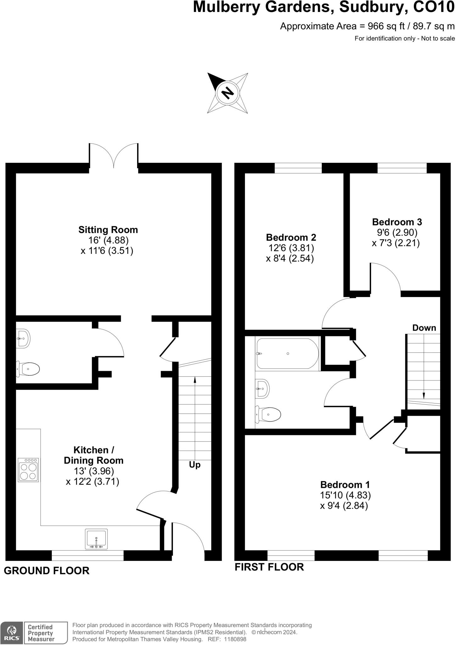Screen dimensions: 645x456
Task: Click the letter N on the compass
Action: coord(228,93)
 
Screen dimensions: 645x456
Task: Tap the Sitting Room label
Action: coord(108,230)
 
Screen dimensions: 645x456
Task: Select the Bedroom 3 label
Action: coord(397,222)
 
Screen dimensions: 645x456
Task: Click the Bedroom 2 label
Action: coord(291,237)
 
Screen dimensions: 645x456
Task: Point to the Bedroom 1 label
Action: coord(345,484)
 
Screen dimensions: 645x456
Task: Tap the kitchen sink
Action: coord(96,539)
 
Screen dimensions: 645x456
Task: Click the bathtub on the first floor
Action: coord(287,353)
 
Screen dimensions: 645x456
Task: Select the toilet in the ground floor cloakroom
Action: coord(29,369)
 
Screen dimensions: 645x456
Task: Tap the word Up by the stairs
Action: coord(195,465)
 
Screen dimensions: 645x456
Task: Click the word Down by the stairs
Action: coord(424,328)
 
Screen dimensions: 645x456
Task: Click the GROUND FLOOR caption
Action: coord(47,570)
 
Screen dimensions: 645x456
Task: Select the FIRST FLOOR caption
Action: coord(269,567)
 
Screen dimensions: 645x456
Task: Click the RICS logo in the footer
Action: coord(11,633)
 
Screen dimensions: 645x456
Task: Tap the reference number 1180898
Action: coord(235,639)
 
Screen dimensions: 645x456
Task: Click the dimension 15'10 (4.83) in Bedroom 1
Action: coord(345,495)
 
